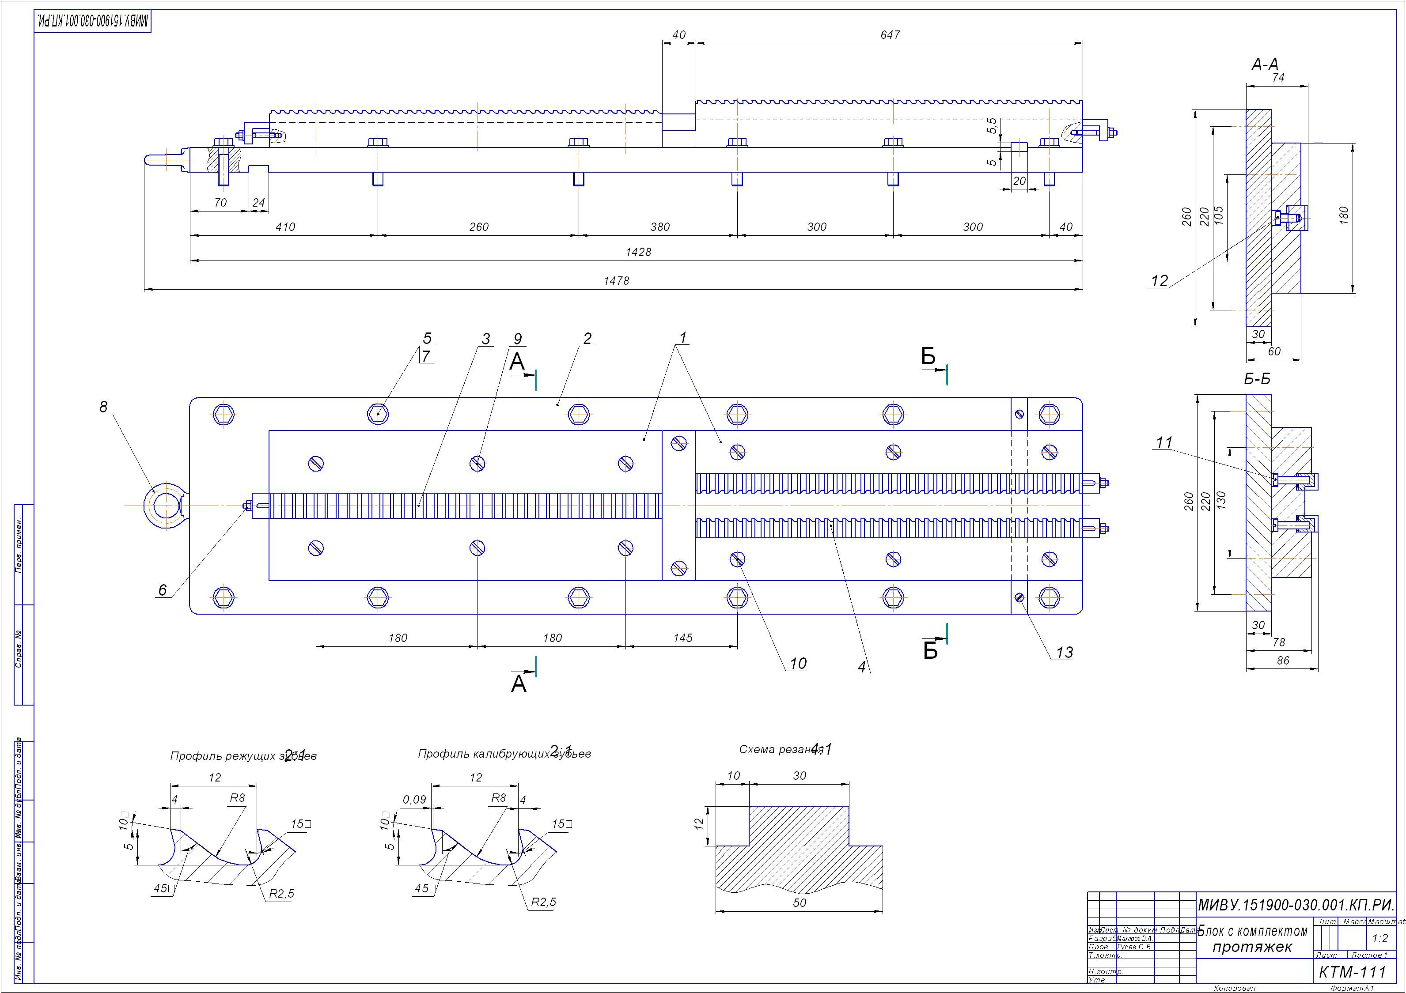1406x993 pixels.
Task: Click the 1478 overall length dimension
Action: click(616, 281)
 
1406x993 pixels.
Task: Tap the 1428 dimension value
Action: click(638, 252)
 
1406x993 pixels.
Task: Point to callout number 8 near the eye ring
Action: click(103, 407)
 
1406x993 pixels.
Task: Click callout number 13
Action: click(1064, 653)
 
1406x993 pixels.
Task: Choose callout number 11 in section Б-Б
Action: click(1164, 442)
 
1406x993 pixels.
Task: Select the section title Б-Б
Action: click(1257, 379)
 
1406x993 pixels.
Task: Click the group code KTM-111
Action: click(1353, 972)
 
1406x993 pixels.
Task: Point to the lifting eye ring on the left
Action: click(164, 506)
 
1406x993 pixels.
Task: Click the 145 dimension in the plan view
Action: click(683, 638)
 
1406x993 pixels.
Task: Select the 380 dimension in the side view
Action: click(660, 227)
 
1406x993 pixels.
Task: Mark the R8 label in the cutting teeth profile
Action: click(237, 798)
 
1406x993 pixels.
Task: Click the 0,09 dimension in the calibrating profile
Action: click(415, 800)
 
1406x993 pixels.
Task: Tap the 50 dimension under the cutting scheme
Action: click(800, 902)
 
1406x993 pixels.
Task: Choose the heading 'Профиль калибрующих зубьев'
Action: click(504, 754)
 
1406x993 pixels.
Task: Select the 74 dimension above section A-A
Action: click(1278, 78)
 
